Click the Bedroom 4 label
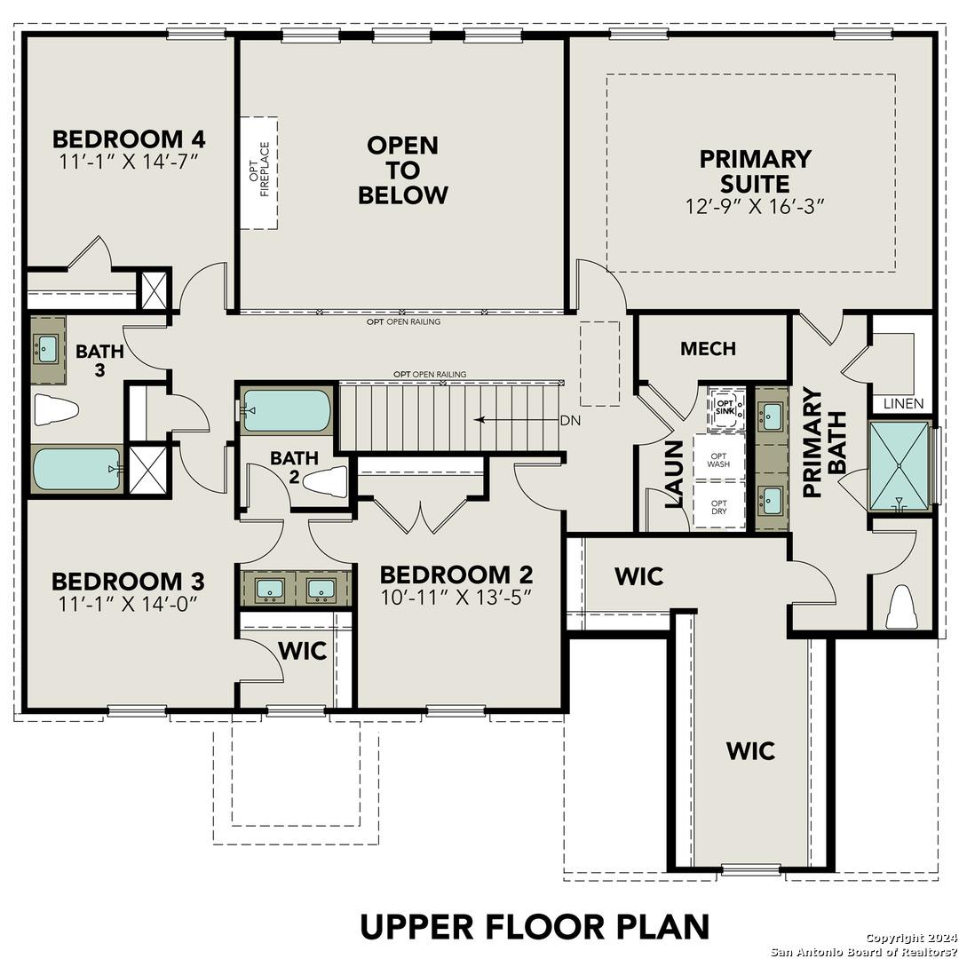pyautogui.click(x=129, y=139)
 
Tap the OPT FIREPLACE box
pyautogui.click(x=258, y=172)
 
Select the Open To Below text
pyautogui.click(x=402, y=170)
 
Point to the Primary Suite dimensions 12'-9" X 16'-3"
pyautogui.click(x=755, y=206)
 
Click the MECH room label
pyautogui.click(x=708, y=349)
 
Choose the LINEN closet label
pyautogui.click(x=904, y=403)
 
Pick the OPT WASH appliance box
pyautogui.click(x=718, y=459)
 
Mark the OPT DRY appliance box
pyautogui.click(x=718, y=506)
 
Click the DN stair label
pyautogui.click(x=569, y=421)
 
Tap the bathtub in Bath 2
pyautogui.click(x=287, y=410)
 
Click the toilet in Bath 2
pyautogui.click(x=325, y=482)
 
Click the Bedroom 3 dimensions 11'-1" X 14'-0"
pyautogui.click(x=129, y=603)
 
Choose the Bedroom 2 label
pyautogui.click(x=456, y=574)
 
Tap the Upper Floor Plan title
pyautogui.click(x=535, y=925)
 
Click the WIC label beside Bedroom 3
pyautogui.click(x=302, y=650)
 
